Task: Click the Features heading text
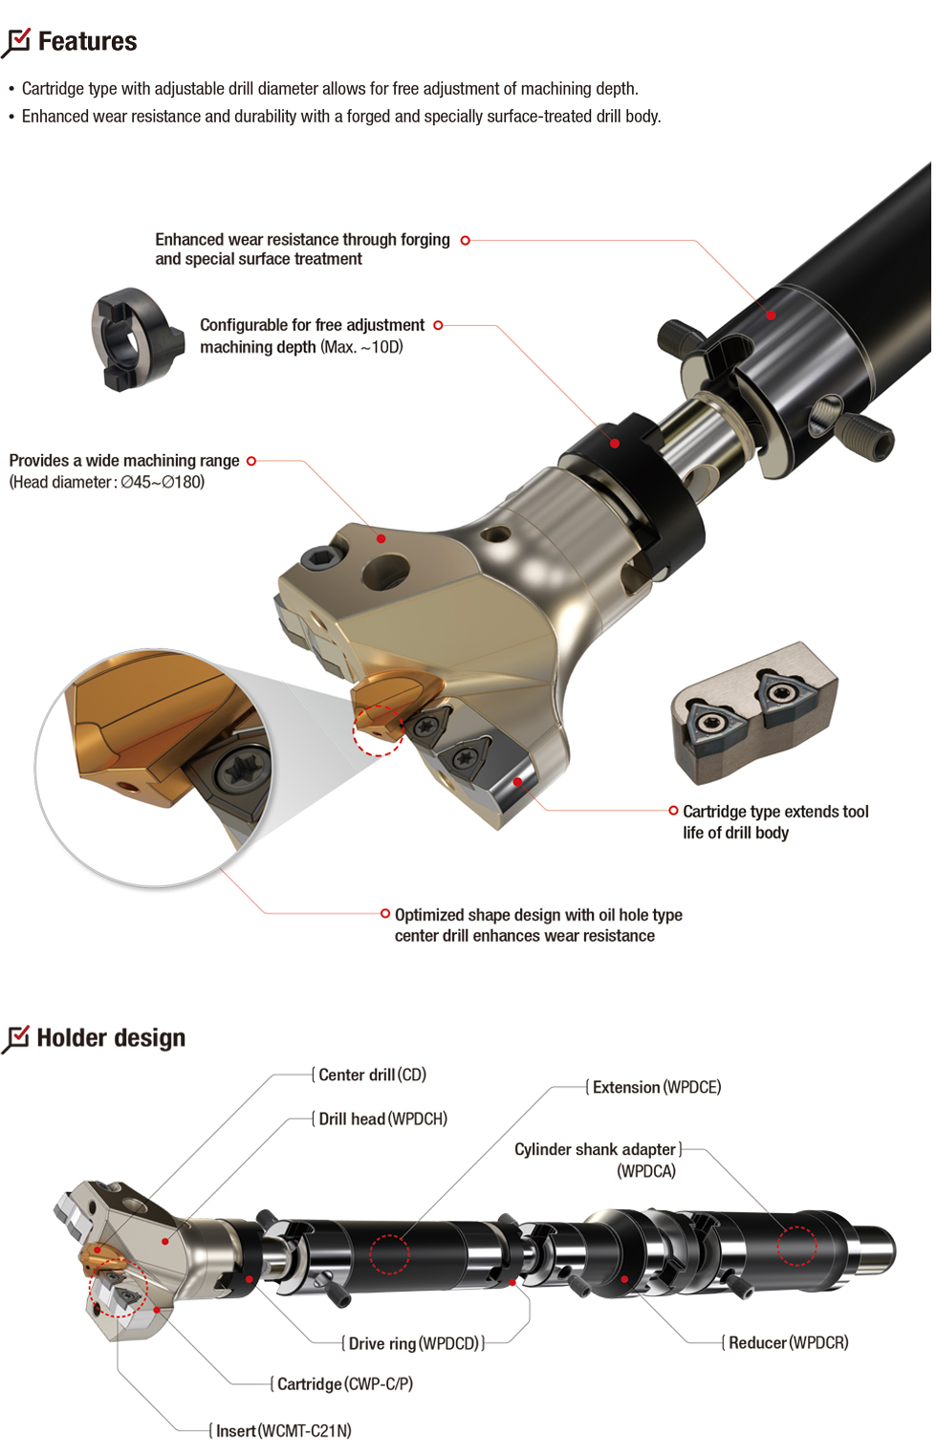coord(87,42)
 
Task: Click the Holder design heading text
coord(111,1038)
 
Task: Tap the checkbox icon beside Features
coord(17,42)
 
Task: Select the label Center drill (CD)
coord(372,1076)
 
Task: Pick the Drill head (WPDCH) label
coord(382,1119)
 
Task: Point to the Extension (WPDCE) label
coord(657,1088)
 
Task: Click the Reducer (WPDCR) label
coord(788,1343)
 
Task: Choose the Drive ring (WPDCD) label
coord(413,1344)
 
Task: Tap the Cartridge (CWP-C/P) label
coord(344,1384)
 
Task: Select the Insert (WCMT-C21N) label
coord(283,1431)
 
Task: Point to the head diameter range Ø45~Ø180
coord(163,483)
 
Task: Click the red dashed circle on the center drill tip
coord(379,730)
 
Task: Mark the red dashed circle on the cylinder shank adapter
coord(796,1246)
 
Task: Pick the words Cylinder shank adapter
coord(595,1150)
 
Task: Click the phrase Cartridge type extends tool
coord(775,812)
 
